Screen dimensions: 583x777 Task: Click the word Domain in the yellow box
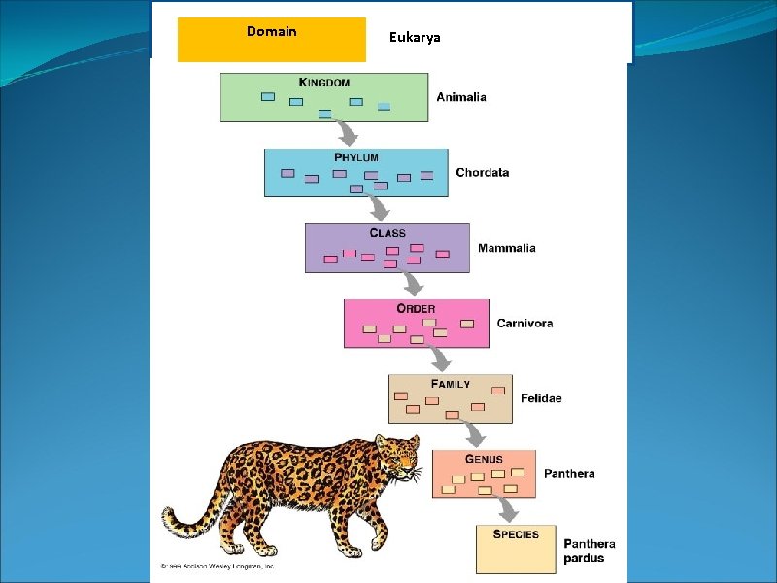272,32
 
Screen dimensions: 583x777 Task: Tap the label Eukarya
415,37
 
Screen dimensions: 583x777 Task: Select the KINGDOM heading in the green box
323,83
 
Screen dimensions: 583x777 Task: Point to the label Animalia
461,97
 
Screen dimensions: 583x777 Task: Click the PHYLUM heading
356,157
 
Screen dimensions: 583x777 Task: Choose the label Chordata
483,173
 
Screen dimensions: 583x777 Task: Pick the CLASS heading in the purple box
388,233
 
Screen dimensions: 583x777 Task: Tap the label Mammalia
506,248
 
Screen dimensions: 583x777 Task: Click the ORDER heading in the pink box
416,309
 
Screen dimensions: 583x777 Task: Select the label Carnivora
524,324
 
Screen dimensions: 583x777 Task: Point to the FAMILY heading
451,384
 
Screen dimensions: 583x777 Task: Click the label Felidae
541,398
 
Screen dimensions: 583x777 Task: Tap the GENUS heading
484,459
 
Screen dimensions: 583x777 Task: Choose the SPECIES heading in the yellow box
516,534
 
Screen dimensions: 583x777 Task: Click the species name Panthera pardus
590,551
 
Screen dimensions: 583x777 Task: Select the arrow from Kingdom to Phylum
347,133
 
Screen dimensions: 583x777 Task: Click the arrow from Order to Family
440,360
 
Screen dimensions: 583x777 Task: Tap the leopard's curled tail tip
170,515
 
